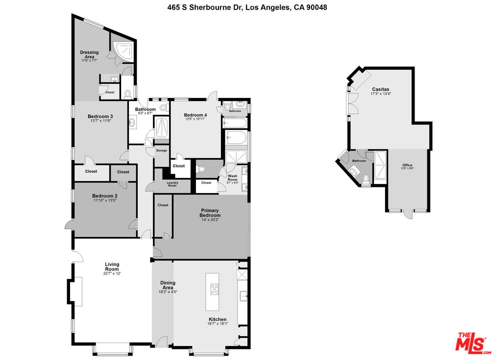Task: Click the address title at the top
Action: (x=247, y=7)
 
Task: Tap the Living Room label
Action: (x=112, y=266)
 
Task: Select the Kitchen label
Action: (x=217, y=319)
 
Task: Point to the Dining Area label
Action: (x=167, y=285)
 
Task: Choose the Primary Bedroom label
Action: (x=210, y=212)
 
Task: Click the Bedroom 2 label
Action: (x=104, y=196)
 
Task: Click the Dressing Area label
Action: (x=89, y=54)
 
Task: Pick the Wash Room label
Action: (x=232, y=176)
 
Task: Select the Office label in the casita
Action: (x=407, y=165)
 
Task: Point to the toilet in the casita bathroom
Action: (x=366, y=178)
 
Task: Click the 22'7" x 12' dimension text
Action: (x=112, y=273)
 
